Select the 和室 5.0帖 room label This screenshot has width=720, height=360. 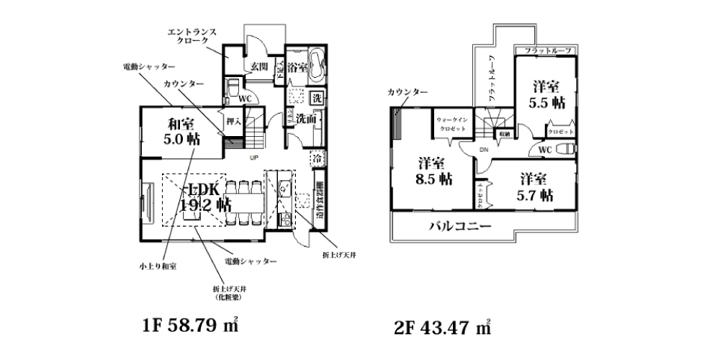[x=179, y=130]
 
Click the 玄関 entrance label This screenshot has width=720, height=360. [x=259, y=67]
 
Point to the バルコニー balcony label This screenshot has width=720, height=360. [x=461, y=226]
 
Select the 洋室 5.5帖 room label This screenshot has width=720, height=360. [x=546, y=94]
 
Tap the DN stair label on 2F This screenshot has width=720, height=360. [x=485, y=149]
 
